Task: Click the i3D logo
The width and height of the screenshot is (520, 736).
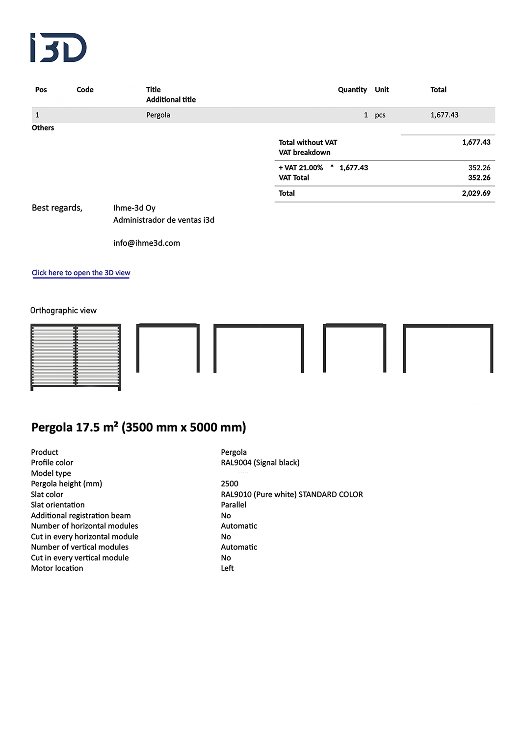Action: click(x=58, y=48)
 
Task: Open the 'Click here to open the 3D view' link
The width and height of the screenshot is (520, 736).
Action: click(x=81, y=273)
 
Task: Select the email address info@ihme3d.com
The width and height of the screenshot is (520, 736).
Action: click(x=147, y=243)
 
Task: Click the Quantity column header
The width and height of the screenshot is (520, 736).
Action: click(x=352, y=90)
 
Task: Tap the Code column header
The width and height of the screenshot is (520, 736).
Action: click(x=85, y=90)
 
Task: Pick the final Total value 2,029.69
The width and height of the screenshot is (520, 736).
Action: click(x=476, y=193)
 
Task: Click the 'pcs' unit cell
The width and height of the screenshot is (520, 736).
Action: click(x=380, y=115)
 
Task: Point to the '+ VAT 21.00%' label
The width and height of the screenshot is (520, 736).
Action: click(x=301, y=168)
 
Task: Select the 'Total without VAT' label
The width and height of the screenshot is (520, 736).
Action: click(x=308, y=142)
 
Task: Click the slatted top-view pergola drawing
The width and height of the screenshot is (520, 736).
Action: click(x=76, y=357)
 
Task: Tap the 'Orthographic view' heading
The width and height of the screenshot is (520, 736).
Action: click(x=63, y=311)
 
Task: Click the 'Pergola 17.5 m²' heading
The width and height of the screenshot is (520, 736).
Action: click(x=139, y=427)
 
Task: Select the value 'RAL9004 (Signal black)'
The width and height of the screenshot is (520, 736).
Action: click(x=260, y=463)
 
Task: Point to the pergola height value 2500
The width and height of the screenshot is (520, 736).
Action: click(x=230, y=484)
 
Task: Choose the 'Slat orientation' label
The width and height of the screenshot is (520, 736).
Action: click(x=58, y=505)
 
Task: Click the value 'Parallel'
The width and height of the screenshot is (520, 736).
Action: click(x=234, y=505)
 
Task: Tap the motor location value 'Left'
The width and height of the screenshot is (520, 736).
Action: click(x=227, y=568)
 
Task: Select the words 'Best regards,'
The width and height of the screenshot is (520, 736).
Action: click(x=57, y=208)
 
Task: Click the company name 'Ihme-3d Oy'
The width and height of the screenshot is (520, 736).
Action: click(x=134, y=208)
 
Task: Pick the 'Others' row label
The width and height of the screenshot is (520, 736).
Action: click(x=43, y=128)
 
